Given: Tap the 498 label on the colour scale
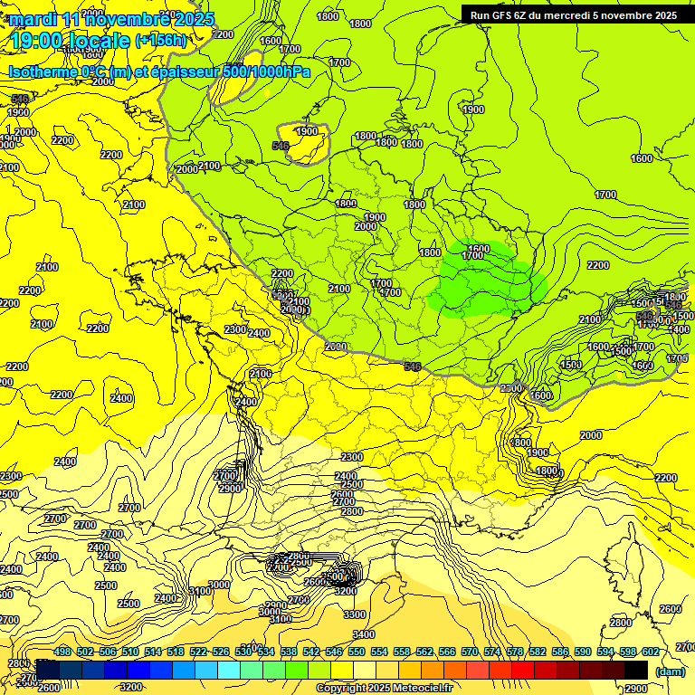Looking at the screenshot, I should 62,652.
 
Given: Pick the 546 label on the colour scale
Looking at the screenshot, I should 334,652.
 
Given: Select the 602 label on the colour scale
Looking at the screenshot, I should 650,652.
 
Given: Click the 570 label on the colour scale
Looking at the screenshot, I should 469,652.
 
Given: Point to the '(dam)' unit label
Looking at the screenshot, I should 671,671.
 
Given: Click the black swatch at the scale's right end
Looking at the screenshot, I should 636,670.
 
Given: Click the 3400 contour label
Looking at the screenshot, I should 364,634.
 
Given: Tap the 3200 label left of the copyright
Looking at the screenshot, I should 131,687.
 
